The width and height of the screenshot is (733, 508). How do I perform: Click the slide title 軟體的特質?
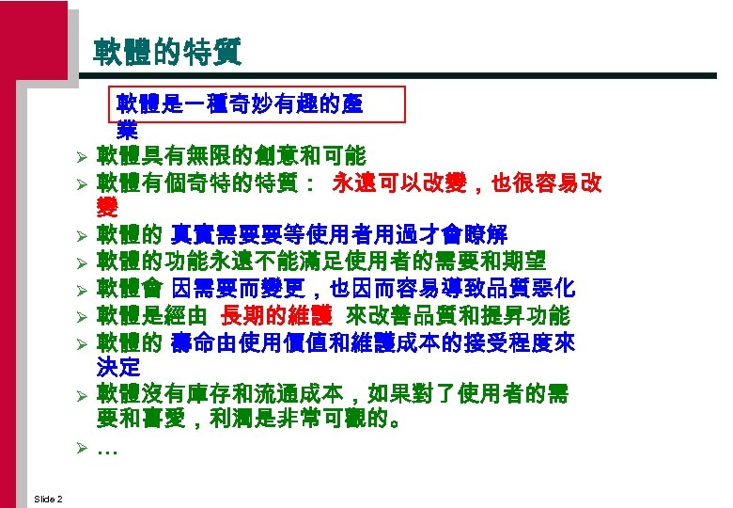(x=168, y=52)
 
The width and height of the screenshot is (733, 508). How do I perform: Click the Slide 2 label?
(x=47, y=498)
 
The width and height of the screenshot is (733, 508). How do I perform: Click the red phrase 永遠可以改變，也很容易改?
(x=467, y=183)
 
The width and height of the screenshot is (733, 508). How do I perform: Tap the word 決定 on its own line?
(x=118, y=366)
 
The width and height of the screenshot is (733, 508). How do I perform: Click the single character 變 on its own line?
(x=107, y=208)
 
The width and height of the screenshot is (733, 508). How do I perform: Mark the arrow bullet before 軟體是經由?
(x=83, y=315)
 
